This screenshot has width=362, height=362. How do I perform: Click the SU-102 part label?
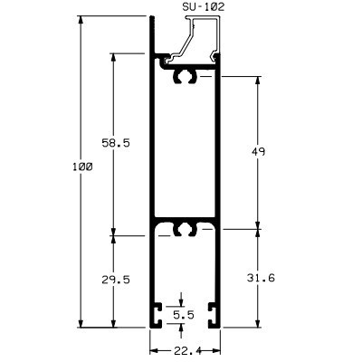(x=204, y=7)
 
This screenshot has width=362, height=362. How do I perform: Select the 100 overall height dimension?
(x=82, y=167)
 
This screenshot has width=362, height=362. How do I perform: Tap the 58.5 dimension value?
(x=116, y=142)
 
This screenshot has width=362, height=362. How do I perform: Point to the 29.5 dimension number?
(x=116, y=280)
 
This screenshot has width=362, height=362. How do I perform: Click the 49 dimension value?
(x=258, y=151)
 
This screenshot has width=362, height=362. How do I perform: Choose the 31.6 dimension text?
(x=261, y=278)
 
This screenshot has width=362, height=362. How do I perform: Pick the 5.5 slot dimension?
(x=184, y=315)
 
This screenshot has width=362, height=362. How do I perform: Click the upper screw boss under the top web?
(x=186, y=77)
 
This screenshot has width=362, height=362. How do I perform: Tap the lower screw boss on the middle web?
(x=186, y=229)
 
